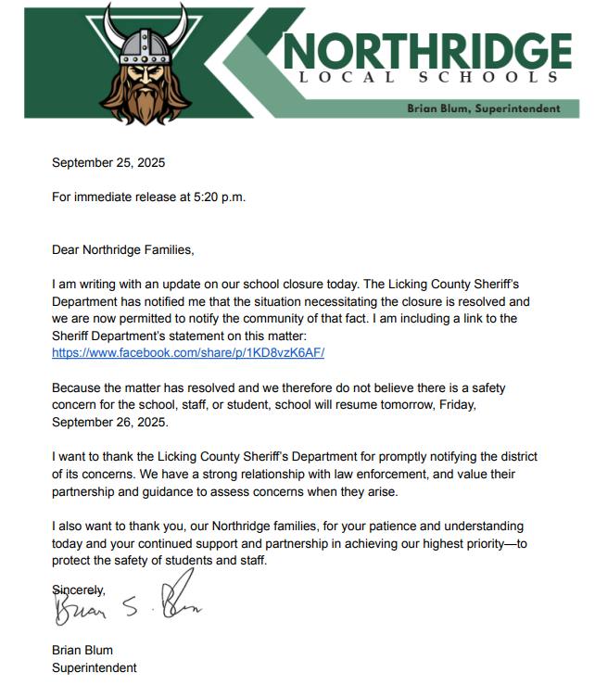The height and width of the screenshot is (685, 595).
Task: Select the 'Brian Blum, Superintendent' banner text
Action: pyautogui.click(x=484, y=108)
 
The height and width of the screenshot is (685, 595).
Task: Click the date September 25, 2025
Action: pyautogui.click(x=108, y=163)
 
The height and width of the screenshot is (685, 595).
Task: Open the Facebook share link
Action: pyautogui.click(x=188, y=353)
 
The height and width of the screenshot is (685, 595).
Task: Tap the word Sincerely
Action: pyautogui.click(x=79, y=590)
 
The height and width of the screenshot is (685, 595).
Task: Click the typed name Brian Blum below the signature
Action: pyautogui.click(x=82, y=650)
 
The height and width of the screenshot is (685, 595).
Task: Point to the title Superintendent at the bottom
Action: pyautogui.click(x=95, y=667)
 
